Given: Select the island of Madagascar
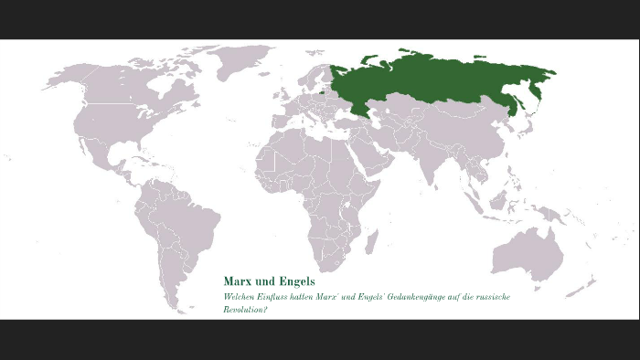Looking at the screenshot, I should tap(372, 241).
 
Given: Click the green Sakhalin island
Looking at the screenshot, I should tap(518, 101).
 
